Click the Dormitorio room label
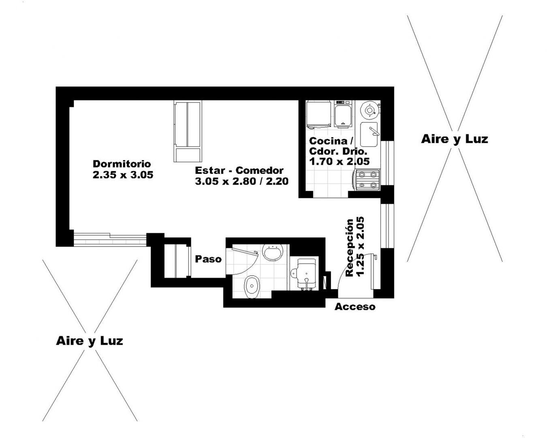pyautogui.click(x=122, y=164)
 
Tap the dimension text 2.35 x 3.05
pyautogui.click(x=123, y=175)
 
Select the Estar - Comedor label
pyautogui.click(x=239, y=170)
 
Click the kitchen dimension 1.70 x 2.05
pyautogui.click(x=339, y=161)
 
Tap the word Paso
pyautogui.click(x=208, y=259)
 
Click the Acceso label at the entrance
pyautogui.click(x=355, y=307)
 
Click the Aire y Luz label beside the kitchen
pyautogui.click(x=455, y=140)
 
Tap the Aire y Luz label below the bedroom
pyautogui.click(x=90, y=341)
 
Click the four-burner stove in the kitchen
pyautogui.click(x=367, y=180)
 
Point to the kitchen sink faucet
pyautogui.click(x=374, y=131)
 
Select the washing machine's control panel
pyautogui.click(x=343, y=102)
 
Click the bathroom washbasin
pyautogui.click(x=273, y=252)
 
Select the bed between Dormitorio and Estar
pyautogui.click(x=188, y=131)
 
